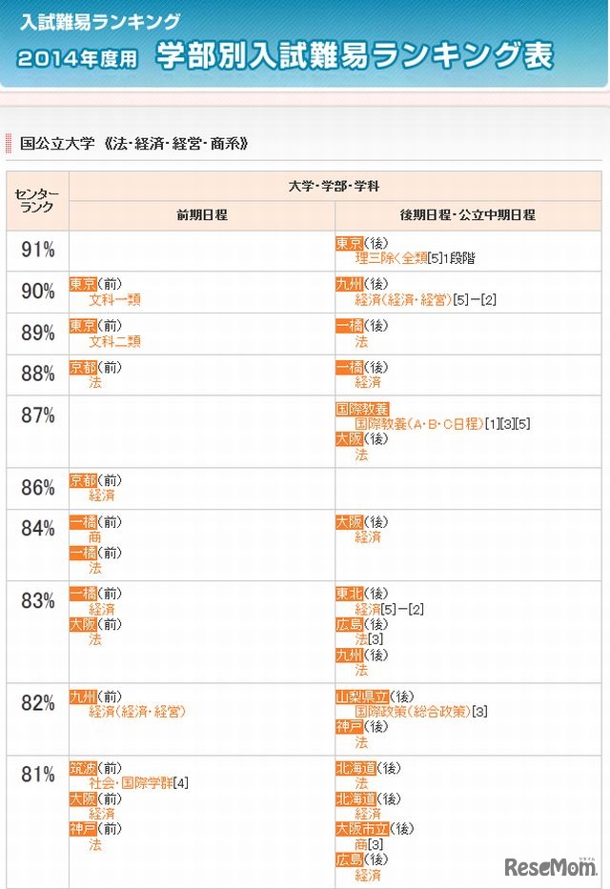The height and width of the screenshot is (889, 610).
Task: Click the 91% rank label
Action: (38, 251)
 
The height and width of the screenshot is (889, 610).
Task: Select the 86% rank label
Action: (38, 490)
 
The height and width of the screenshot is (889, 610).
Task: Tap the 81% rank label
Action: (38, 775)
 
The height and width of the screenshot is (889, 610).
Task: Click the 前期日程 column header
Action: (201, 214)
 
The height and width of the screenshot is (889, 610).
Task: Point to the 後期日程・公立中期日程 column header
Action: (468, 214)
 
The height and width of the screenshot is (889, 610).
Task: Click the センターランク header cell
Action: (37, 200)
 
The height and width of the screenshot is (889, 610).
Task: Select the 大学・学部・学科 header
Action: (335, 186)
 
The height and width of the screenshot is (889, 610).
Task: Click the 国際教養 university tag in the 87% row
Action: (362, 408)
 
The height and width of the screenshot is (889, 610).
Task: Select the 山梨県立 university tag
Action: (361, 697)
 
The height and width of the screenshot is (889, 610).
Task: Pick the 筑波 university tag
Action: (83, 768)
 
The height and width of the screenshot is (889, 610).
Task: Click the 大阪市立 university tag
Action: (361, 829)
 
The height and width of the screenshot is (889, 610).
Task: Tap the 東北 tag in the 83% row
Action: (349, 594)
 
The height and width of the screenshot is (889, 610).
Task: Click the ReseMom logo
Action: (550, 866)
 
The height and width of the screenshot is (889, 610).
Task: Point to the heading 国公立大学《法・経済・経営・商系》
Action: (133, 144)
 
